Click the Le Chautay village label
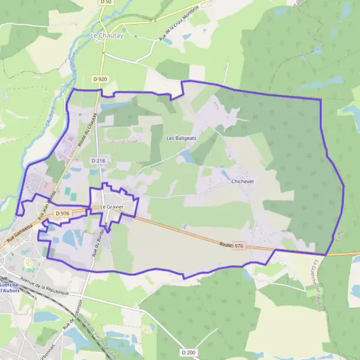107,36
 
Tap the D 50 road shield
106,2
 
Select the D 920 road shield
100,79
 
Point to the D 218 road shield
98,161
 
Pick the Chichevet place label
244,180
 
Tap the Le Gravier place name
112,207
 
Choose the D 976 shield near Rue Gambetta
62,213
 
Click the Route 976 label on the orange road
232,246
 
